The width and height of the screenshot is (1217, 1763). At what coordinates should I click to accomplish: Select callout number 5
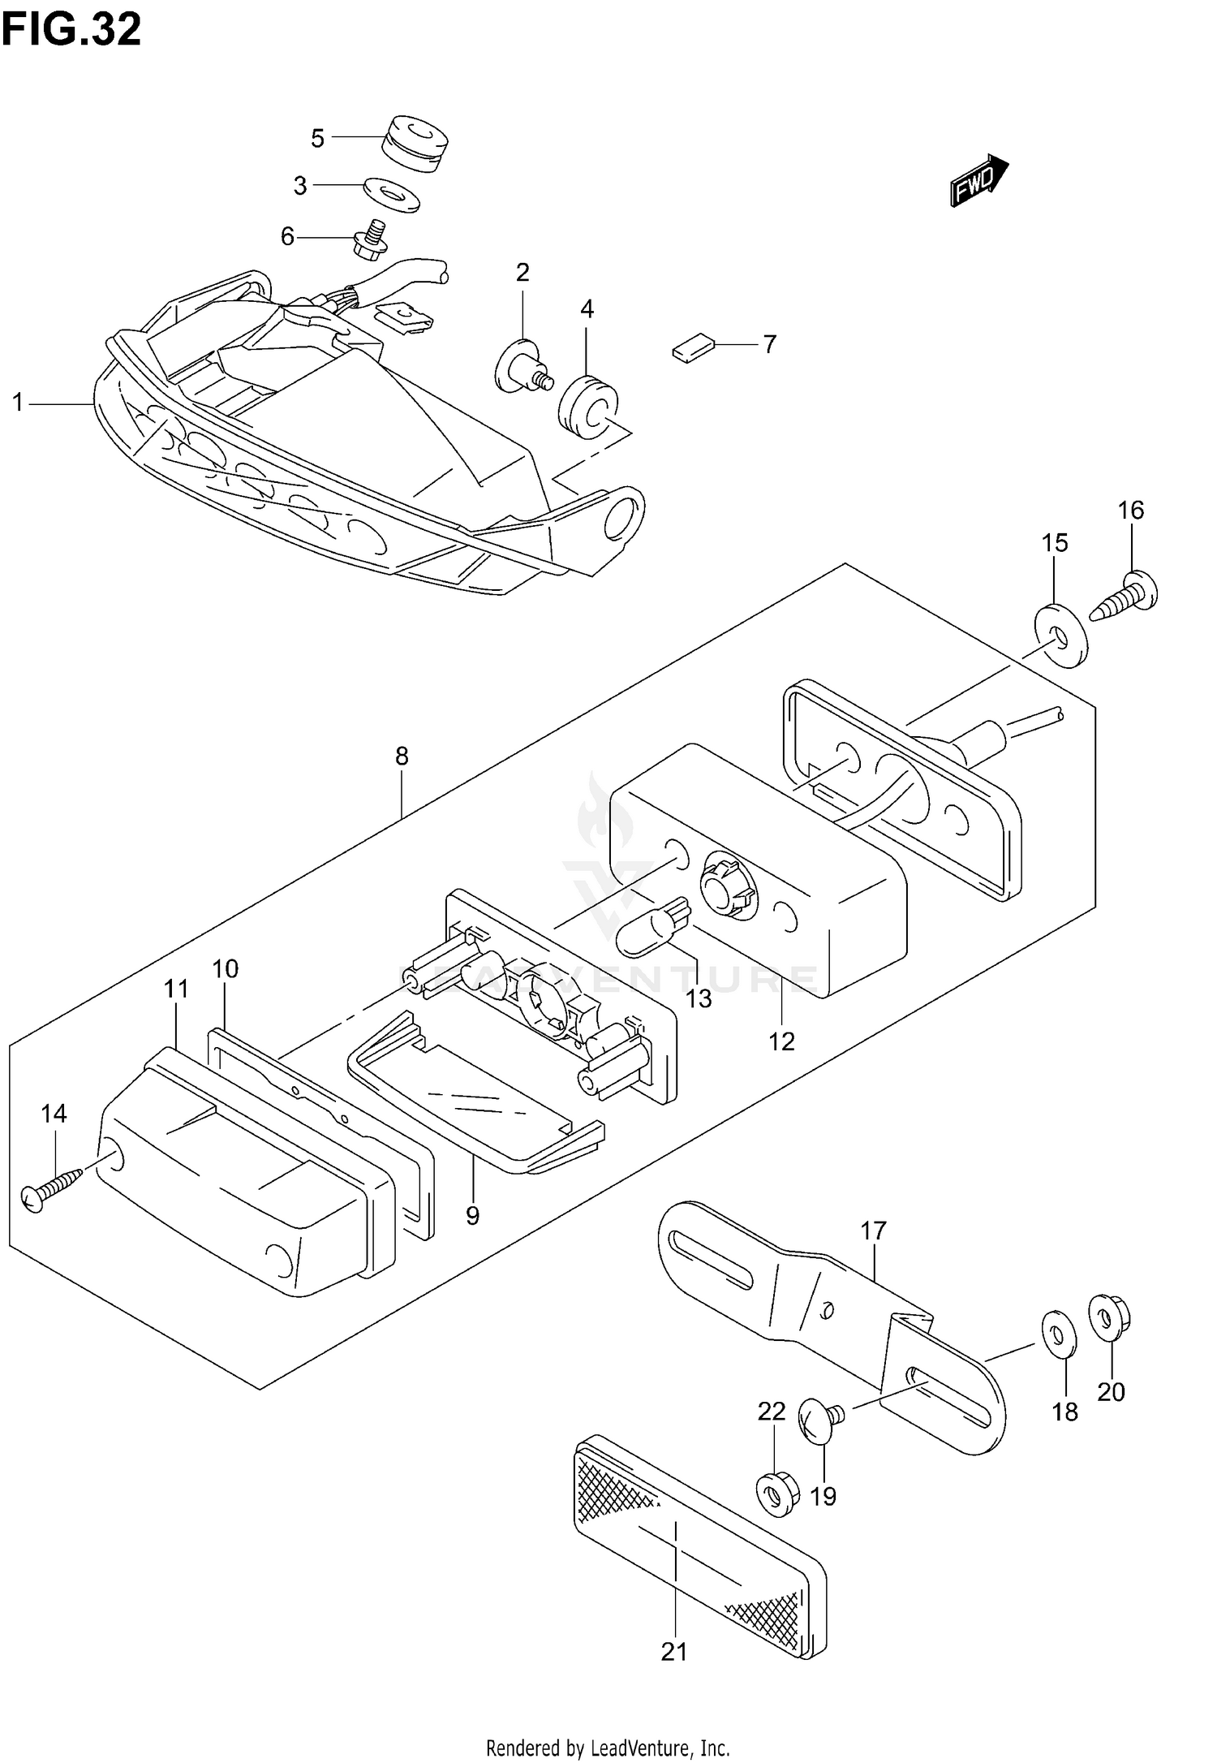pos(317,139)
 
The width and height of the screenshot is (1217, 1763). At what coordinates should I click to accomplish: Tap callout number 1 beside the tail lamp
pos(18,402)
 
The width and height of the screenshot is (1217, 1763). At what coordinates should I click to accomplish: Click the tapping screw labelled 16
pos(1126,598)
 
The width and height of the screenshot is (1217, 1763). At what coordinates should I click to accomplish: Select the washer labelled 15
pos(1060,634)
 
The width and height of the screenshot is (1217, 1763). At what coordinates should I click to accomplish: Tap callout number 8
pos(402,756)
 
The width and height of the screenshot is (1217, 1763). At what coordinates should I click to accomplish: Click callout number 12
pos(781,1041)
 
